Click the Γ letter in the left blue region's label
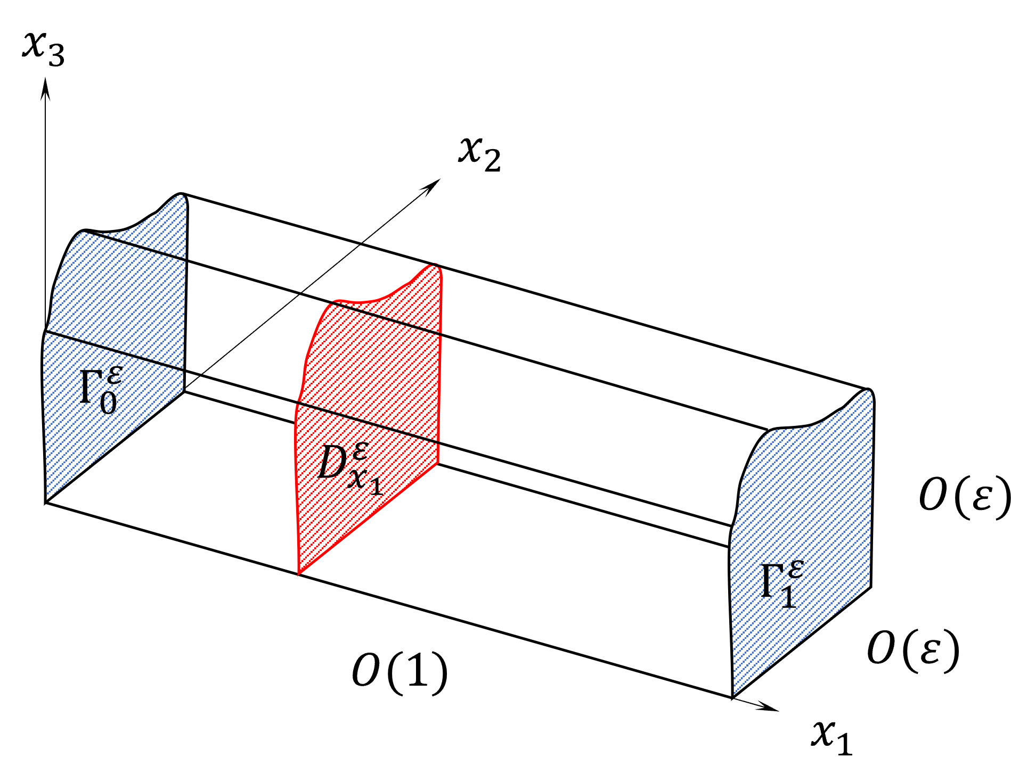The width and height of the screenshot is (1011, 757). pos(89,388)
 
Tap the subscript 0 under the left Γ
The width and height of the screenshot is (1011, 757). pos(108,403)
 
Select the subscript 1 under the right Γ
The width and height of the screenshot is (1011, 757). pos(789,598)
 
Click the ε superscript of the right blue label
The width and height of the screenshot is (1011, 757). pos(795,569)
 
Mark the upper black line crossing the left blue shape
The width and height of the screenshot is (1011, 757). pos(136,246)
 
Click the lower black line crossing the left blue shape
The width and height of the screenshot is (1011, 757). pos(115,350)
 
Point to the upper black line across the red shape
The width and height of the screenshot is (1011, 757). pos(386,318)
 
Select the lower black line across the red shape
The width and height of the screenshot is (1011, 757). pos(368,423)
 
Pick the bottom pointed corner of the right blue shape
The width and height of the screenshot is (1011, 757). pos(735,694)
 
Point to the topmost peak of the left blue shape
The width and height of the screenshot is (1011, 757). pos(181,196)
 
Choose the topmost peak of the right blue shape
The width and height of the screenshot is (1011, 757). pos(868,391)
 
